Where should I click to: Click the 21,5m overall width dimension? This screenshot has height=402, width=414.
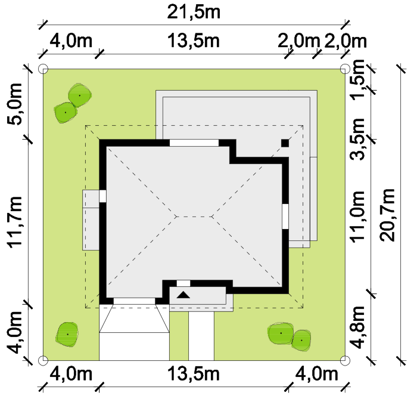pyautogui.click(x=194, y=12)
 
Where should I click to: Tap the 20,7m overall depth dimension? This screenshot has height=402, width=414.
pyautogui.click(x=388, y=215)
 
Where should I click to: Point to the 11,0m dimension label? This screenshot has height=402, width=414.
pyautogui.click(x=357, y=216)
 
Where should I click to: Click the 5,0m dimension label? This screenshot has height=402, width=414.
pyautogui.click(x=14, y=104)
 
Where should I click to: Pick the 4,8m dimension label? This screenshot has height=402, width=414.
pyautogui.click(x=357, y=327)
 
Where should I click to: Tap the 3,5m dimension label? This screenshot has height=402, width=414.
pyautogui.click(x=357, y=139)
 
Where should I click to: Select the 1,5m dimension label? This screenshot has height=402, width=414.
pyautogui.click(x=357, y=80)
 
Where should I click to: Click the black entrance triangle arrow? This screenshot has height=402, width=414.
pyautogui.click(x=183, y=295)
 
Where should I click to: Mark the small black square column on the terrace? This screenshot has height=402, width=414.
pyautogui.click(x=285, y=143)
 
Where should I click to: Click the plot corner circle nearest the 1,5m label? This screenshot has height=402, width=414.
pyautogui.click(x=345, y=69)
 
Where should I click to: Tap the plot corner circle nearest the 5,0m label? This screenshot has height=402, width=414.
pyautogui.click(x=43, y=69)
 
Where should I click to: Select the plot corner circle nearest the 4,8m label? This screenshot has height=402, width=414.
pyautogui.click(x=345, y=360)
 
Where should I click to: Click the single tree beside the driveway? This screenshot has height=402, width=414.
pyautogui.click(x=67, y=335)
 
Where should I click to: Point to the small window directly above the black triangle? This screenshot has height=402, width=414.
pyautogui.click(x=183, y=283)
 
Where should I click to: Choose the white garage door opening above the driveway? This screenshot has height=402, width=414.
pyautogui.click(x=134, y=301)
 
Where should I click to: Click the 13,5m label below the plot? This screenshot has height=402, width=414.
pyautogui.click(x=194, y=374)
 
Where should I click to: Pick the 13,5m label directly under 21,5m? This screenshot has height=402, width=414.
pyautogui.click(x=194, y=41)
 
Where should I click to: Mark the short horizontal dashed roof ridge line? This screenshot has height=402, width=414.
pyautogui.click(x=194, y=217)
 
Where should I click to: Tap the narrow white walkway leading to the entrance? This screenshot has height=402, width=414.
pyautogui.click(x=201, y=336)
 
